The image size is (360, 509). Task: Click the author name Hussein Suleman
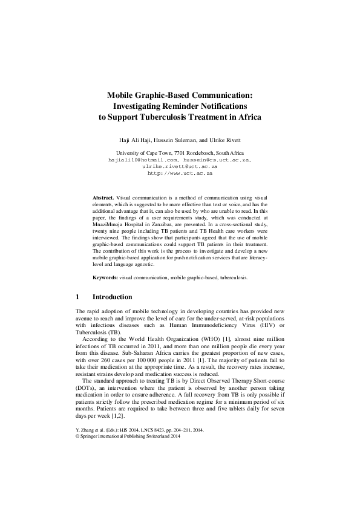click(x=167, y=140)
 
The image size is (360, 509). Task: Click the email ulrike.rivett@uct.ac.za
click(x=179, y=166)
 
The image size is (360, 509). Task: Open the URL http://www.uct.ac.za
click(x=180, y=173)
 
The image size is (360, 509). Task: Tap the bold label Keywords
click(x=105, y=277)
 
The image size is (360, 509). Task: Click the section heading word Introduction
click(x=112, y=297)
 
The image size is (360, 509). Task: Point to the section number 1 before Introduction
click(x=77, y=297)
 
